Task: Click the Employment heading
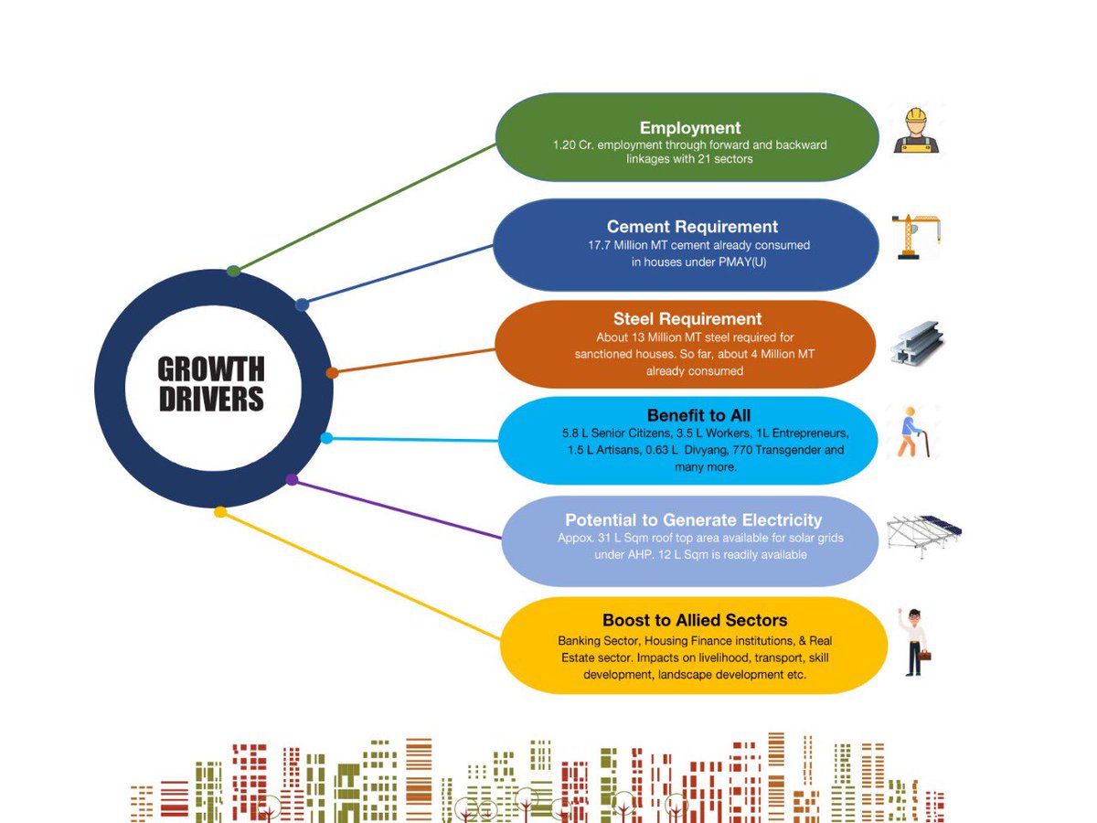(689, 128)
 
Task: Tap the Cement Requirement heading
(692, 227)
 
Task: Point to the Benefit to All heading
(698, 416)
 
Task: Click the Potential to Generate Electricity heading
(693, 520)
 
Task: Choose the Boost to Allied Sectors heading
(695, 621)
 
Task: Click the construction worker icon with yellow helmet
(916, 130)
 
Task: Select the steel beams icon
(917, 344)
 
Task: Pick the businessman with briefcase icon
(912, 642)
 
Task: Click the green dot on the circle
(234, 271)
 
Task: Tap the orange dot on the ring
(332, 372)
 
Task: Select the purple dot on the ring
(292, 479)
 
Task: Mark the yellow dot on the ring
(219, 512)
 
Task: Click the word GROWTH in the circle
(211, 370)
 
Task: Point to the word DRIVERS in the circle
(211, 400)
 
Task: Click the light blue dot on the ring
(326, 438)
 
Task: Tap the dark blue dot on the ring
(302, 305)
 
